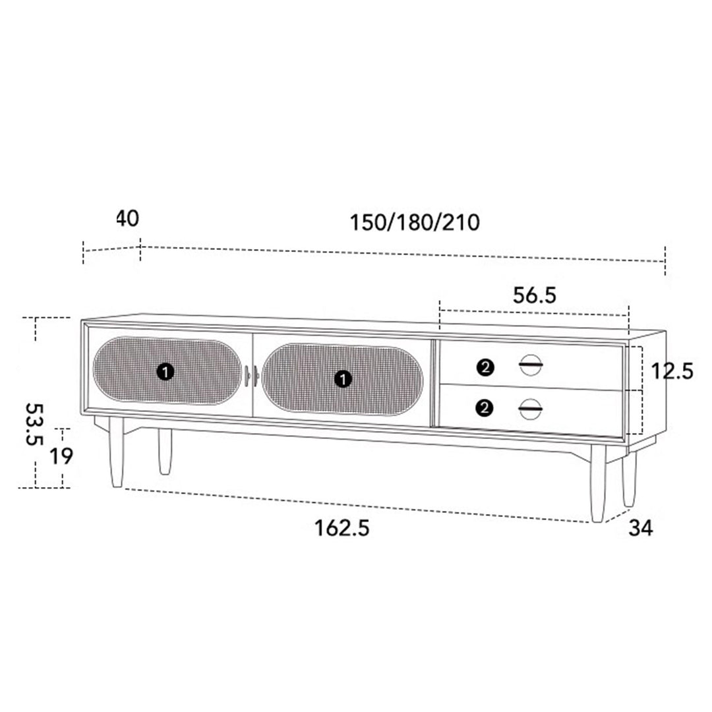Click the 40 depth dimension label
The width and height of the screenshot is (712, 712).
point(128,218)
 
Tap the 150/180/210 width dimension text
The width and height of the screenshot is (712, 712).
point(415,223)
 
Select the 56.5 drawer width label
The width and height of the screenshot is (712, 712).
point(535,295)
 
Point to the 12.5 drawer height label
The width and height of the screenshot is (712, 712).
point(672,371)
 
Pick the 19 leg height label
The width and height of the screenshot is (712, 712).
point(61,456)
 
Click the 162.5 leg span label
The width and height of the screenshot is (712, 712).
point(342,528)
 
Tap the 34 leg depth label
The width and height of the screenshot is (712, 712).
point(641,528)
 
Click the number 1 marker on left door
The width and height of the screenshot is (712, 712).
point(165,372)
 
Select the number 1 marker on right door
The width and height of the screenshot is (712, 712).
point(343,378)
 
